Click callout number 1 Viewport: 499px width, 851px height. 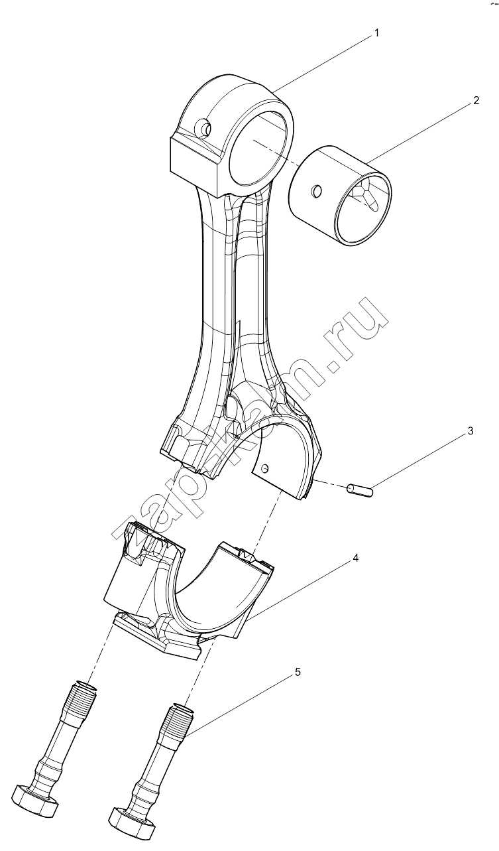(x=376, y=33)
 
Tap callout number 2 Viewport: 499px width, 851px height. (x=476, y=100)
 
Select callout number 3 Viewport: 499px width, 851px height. (x=470, y=431)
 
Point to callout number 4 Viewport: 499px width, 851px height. (x=356, y=558)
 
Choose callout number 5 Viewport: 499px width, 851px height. (x=298, y=672)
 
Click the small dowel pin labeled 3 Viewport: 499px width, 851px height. (x=360, y=490)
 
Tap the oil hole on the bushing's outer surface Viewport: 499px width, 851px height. (x=316, y=191)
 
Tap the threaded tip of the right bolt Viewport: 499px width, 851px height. (x=180, y=716)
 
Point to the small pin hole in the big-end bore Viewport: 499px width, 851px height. (x=266, y=468)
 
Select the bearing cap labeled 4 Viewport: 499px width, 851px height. (x=189, y=586)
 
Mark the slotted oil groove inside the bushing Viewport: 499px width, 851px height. (x=365, y=195)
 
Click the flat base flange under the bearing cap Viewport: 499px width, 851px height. (x=160, y=637)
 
